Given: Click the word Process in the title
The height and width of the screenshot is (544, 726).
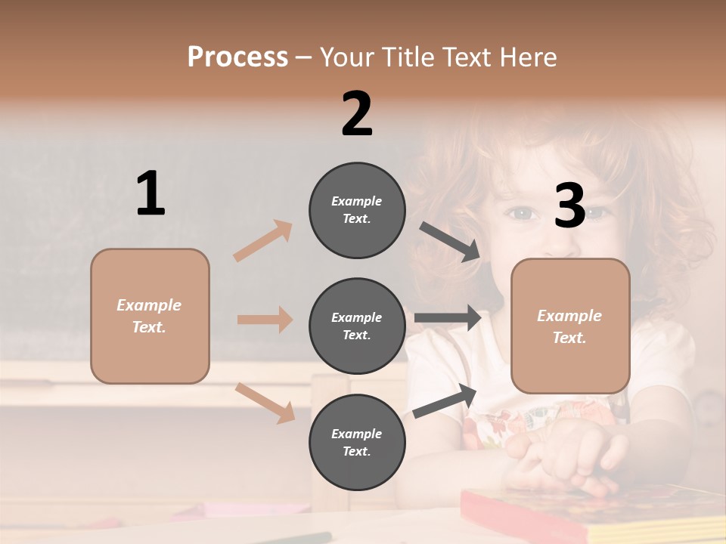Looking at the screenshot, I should click(237, 57).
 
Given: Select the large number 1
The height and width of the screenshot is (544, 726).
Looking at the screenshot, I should click(150, 194).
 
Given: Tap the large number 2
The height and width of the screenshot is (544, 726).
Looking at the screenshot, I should click(357, 114).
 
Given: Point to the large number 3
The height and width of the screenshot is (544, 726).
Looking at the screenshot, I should click(569, 206).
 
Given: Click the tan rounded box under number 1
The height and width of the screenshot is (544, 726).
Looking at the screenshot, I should click(150, 316).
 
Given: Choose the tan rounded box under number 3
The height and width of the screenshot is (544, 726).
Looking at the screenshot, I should click(570, 326).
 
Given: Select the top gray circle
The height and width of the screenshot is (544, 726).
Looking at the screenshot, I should click(357, 210).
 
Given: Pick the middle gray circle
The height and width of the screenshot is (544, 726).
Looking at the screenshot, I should click(357, 326).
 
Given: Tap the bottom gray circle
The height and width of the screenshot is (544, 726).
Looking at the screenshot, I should click(357, 442).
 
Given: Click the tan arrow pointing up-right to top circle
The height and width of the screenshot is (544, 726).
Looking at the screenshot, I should click(263, 241).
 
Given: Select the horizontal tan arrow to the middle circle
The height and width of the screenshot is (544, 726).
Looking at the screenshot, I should click(265, 320).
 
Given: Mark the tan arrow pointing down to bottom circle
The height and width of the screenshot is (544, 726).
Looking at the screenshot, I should click(265, 402).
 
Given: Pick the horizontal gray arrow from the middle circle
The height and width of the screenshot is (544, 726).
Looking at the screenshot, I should click(448, 318).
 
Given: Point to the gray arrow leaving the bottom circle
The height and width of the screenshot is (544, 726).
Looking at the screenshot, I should click(445, 400).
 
